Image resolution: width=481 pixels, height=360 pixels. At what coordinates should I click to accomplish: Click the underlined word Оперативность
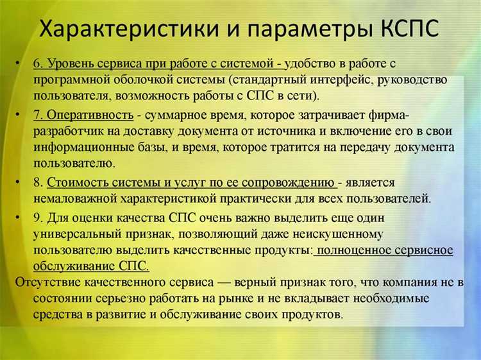pyautogui.click(x=91, y=116)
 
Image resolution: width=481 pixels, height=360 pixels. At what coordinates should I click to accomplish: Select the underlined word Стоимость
pyautogui.click(x=75, y=183)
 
